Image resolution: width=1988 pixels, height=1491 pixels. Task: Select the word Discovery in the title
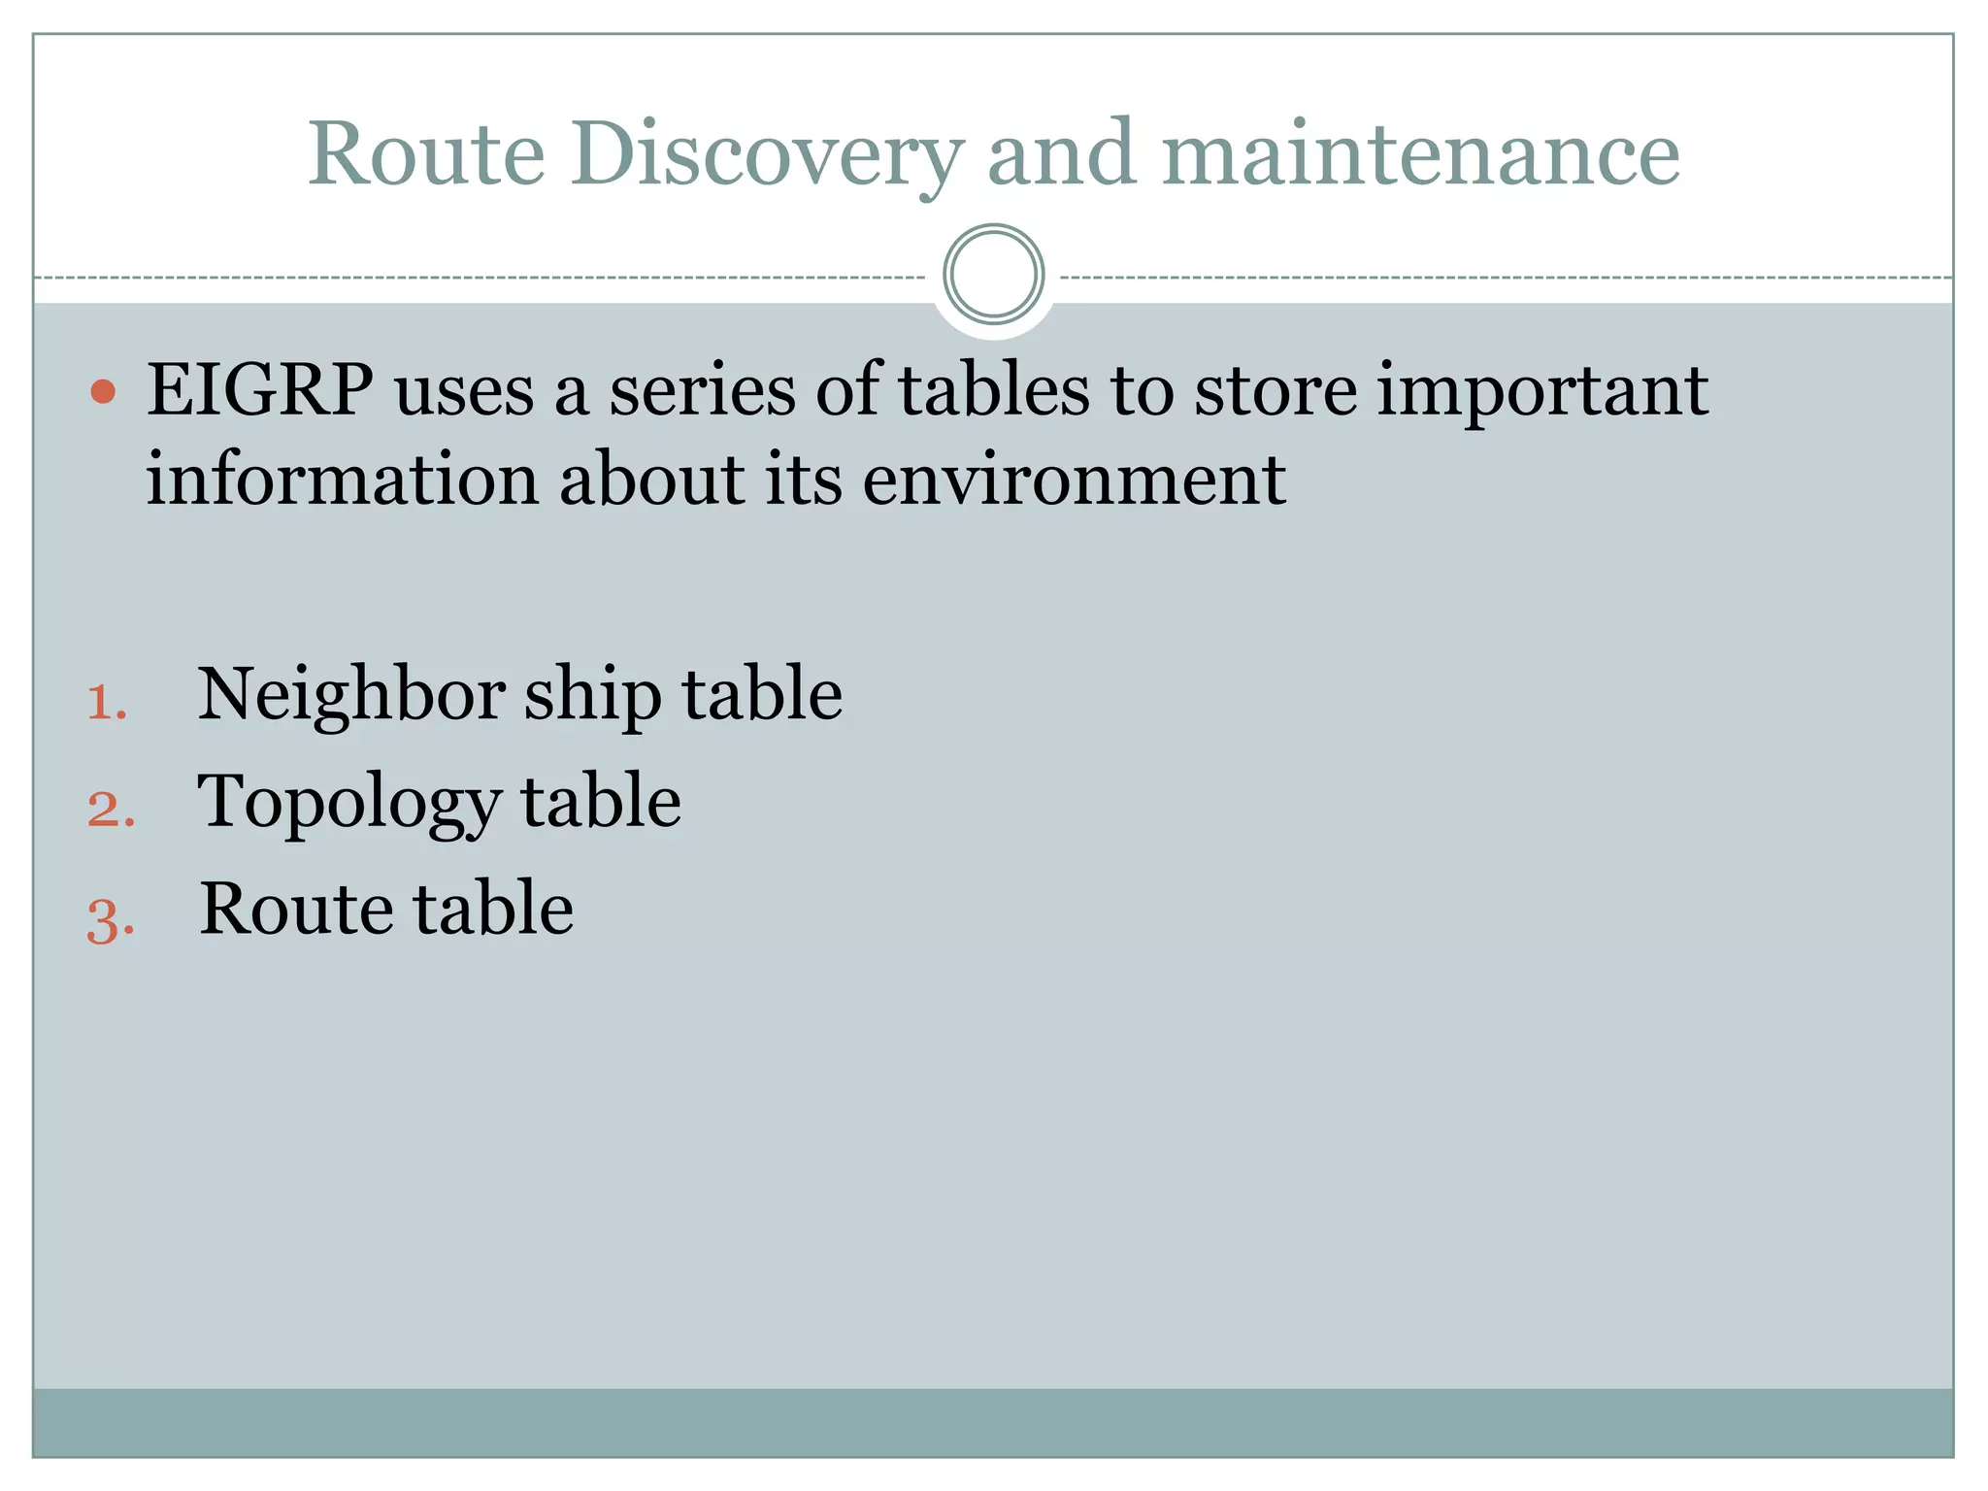click(767, 155)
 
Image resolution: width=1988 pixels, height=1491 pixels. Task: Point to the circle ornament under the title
click(993, 275)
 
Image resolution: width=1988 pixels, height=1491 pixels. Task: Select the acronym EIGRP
click(260, 390)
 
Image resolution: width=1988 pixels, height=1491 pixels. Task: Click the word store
click(1275, 390)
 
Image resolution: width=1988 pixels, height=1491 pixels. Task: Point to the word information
click(342, 480)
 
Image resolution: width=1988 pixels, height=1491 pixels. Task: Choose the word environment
click(1074, 480)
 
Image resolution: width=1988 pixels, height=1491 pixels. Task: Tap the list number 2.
click(110, 809)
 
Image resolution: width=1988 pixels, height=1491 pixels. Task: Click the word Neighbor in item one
click(350, 695)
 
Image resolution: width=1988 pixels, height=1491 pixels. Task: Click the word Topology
click(349, 805)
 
